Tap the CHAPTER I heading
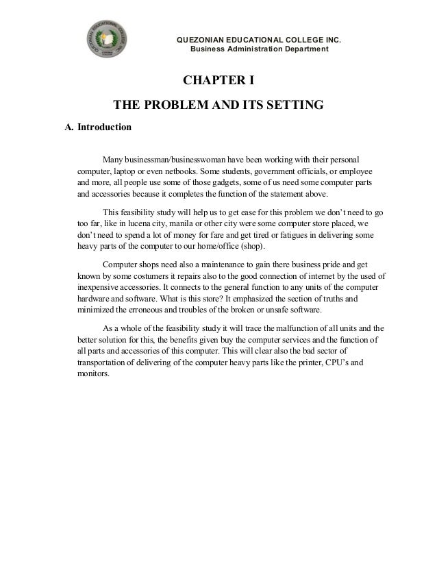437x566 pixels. pos(218,83)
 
